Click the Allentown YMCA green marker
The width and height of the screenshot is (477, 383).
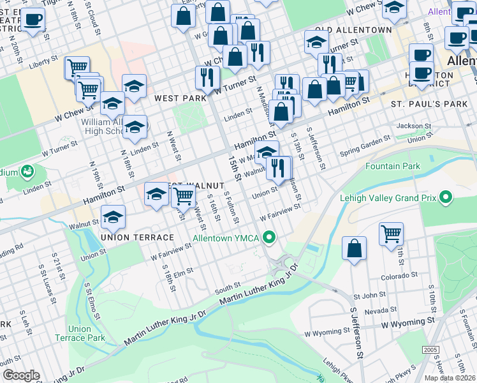pos(270,239)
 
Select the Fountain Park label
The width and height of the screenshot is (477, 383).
pos(392,167)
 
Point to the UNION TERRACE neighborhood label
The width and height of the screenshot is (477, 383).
pos(137,237)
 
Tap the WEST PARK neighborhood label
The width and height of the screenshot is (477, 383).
pos(180,98)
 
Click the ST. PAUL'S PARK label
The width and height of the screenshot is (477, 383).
pos(429,103)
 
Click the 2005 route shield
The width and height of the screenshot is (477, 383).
pos(430,350)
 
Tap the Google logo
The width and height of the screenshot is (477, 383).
pos(21,375)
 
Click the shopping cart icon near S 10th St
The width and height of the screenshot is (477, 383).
pos(391,234)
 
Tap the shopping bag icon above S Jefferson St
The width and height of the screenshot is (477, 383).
pos(354,249)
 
